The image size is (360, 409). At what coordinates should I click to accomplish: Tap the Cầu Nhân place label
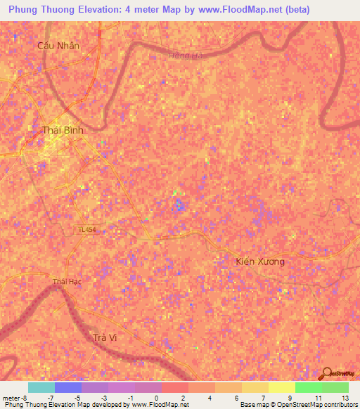click(x=59, y=45)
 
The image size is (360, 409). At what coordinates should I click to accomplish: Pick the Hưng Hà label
click(x=186, y=56)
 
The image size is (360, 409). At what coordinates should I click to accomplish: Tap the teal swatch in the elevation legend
click(x=41, y=387)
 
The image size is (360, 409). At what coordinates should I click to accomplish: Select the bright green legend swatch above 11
click(x=309, y=387)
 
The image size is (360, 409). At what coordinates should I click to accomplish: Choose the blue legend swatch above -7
click(x=68, y=387)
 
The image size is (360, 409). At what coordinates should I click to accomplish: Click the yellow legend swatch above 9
click(x=282, y=387)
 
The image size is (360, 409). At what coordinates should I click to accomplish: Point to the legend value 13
click(x=345, y=398)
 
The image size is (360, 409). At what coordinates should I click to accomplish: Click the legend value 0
click(x=156, y=398)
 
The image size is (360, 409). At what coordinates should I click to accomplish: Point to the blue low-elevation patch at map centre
click(x=179, y=204)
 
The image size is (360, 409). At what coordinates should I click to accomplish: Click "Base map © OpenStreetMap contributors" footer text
click(x=297, y=405)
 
